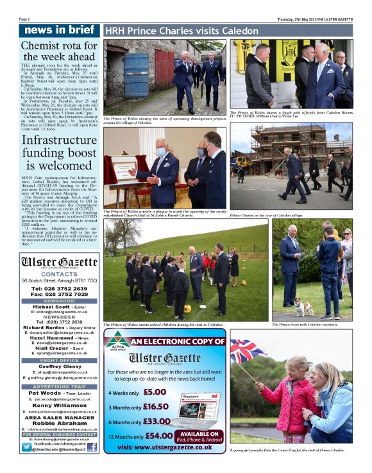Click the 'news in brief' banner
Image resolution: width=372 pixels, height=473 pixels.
58,30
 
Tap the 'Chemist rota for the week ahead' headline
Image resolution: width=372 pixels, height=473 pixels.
58,51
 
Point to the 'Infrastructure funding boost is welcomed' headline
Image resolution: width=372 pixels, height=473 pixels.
58,153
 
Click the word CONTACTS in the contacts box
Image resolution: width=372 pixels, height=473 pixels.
58,274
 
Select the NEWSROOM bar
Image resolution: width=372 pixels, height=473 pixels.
58,300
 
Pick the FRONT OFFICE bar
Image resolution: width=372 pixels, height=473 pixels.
58,361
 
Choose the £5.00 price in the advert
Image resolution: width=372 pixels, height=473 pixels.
155,392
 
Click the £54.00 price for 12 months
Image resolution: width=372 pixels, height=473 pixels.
159,436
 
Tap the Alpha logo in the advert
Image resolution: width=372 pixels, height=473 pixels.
117,342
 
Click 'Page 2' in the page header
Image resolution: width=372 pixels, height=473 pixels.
26,19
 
